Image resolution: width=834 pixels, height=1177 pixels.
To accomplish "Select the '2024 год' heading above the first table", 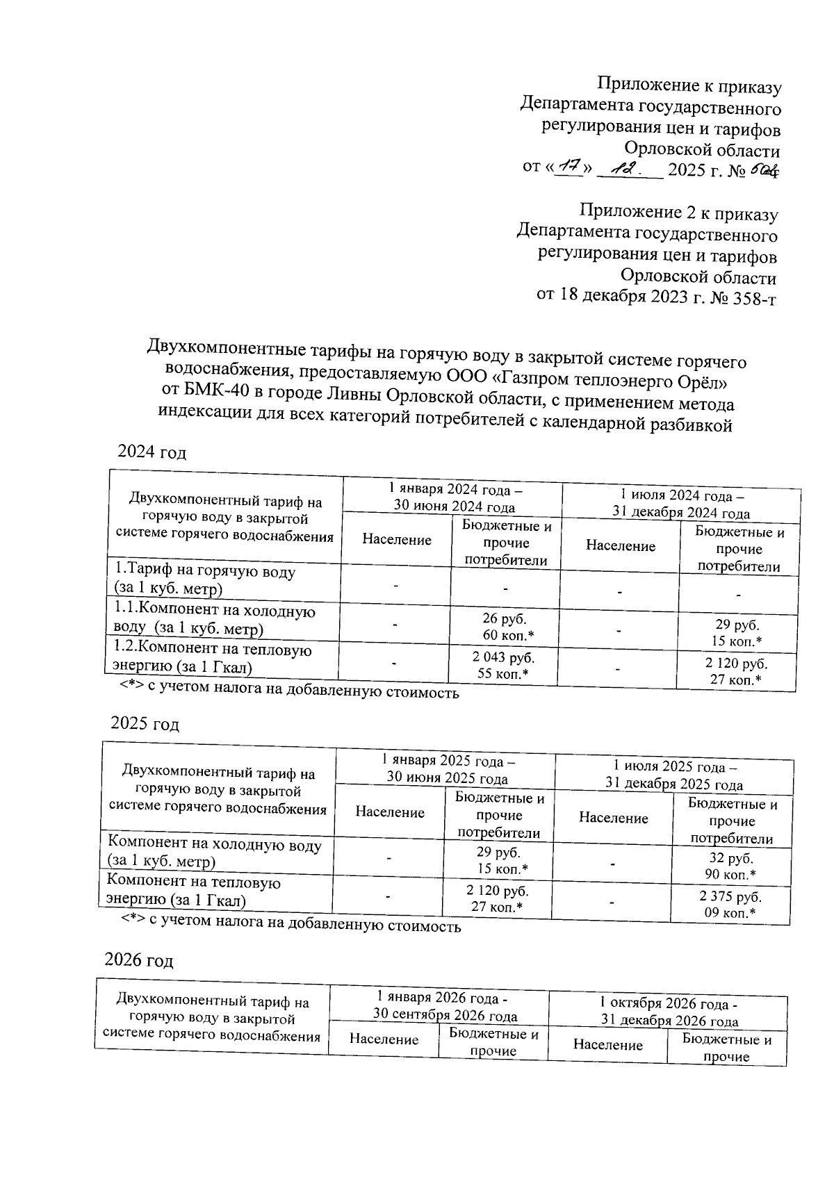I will click(x=152, y=452).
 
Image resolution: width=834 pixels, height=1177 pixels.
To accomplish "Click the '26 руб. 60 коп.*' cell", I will click(x=505, y=627).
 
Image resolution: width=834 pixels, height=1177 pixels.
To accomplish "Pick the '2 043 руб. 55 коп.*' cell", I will click(x=503, y=665).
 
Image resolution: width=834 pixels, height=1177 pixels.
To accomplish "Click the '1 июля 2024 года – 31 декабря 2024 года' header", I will click(x=680, y=504).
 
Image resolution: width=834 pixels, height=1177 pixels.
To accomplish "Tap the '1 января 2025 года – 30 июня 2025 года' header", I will click(x=446, y=769).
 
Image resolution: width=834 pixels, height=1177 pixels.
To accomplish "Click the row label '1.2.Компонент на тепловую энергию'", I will click(x=213, y=658).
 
